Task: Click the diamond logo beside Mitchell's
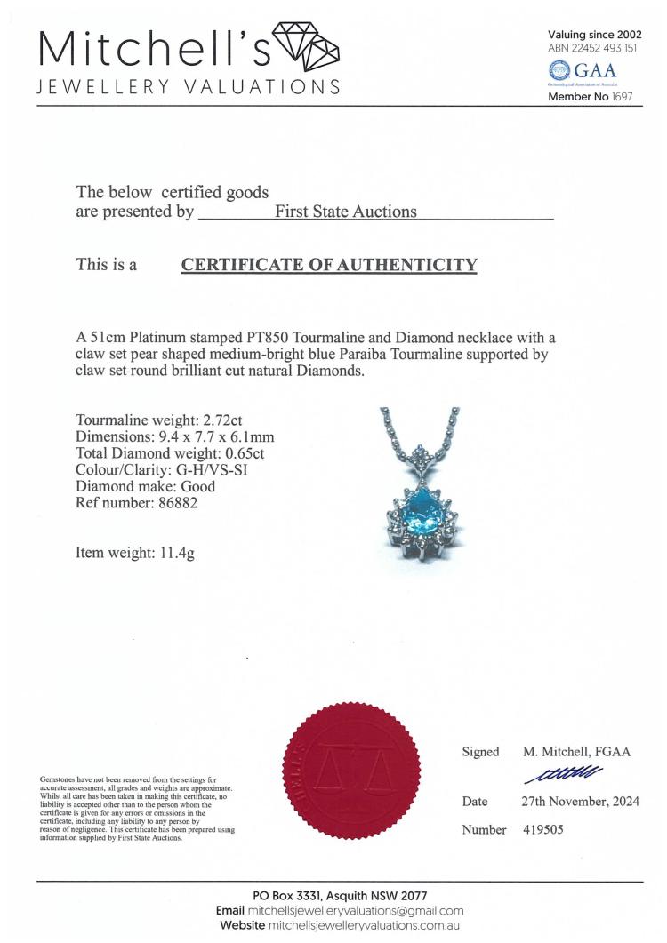306,46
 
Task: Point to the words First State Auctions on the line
346,212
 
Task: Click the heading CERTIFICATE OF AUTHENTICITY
329,264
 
